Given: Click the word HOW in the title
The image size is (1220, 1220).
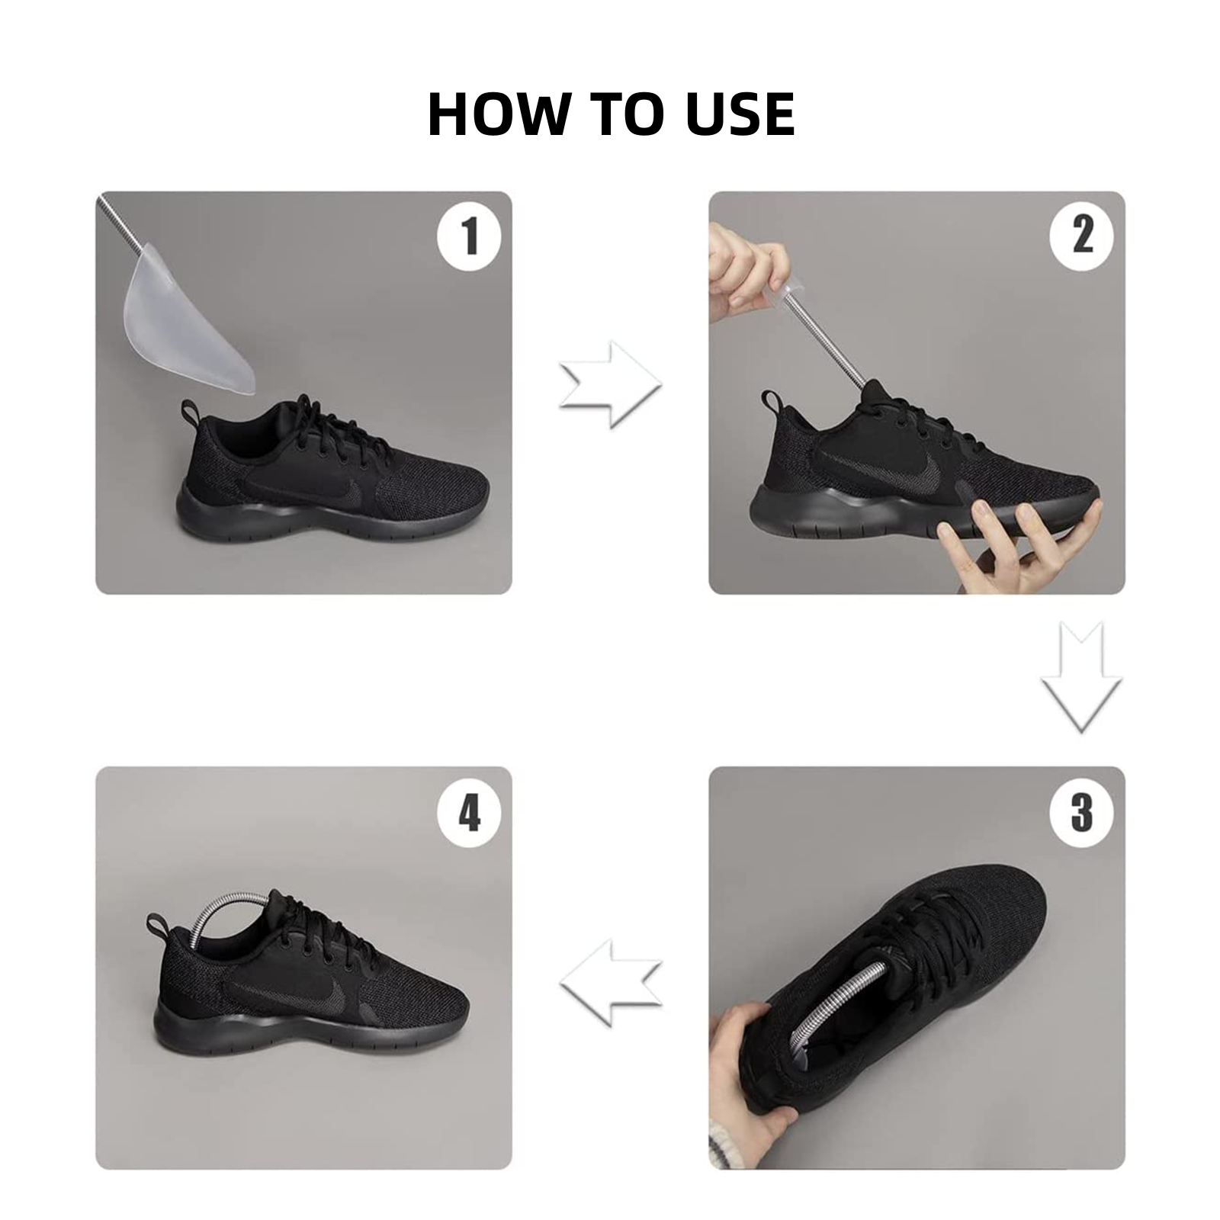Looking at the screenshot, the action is pyautogui.click(x=499, y=114).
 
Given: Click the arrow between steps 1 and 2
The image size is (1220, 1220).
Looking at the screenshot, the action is pyautogui.click(x=610, y=384).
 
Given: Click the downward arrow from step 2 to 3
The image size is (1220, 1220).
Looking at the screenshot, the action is pyautogui.click(x=1082, y=677).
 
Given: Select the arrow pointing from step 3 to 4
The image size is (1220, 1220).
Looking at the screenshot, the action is pyautogui.click(x=610, y=981).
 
